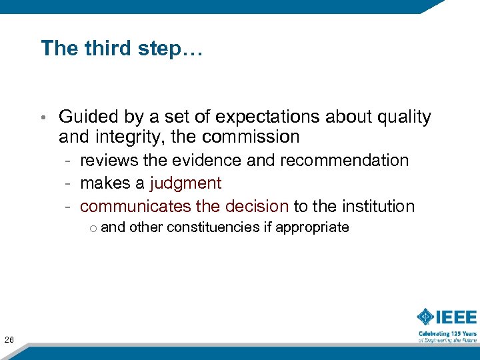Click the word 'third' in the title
click(x=100, y=48)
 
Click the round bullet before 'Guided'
click(x=41, y=118)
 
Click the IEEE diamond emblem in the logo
click(x=425, y=317)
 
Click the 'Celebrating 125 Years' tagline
click(x=447, y=333)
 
